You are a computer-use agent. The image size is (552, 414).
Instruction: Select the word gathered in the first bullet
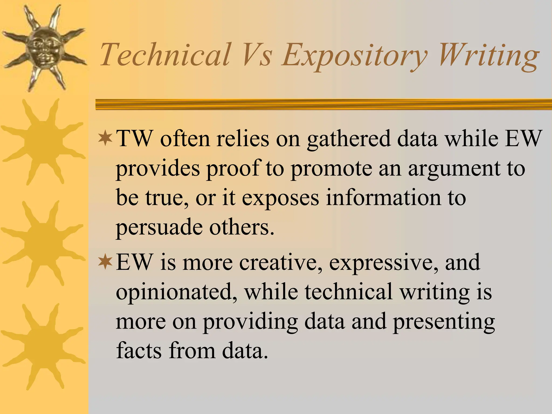click(349, 140)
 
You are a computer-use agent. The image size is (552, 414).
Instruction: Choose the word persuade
click(159, 228)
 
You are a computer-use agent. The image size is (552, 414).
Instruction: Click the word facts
click(139, 350)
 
